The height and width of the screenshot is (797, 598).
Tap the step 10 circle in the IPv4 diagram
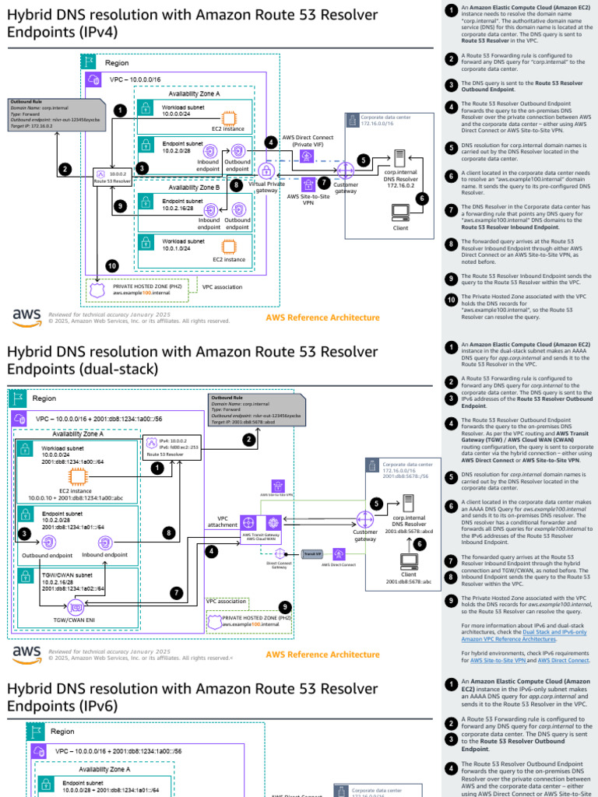(112, 265)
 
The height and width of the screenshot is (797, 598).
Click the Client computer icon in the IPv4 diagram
(401, 212)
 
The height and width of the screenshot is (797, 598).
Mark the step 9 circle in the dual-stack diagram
(285, 606)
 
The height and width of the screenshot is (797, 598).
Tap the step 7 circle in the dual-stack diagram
(177, 593)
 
